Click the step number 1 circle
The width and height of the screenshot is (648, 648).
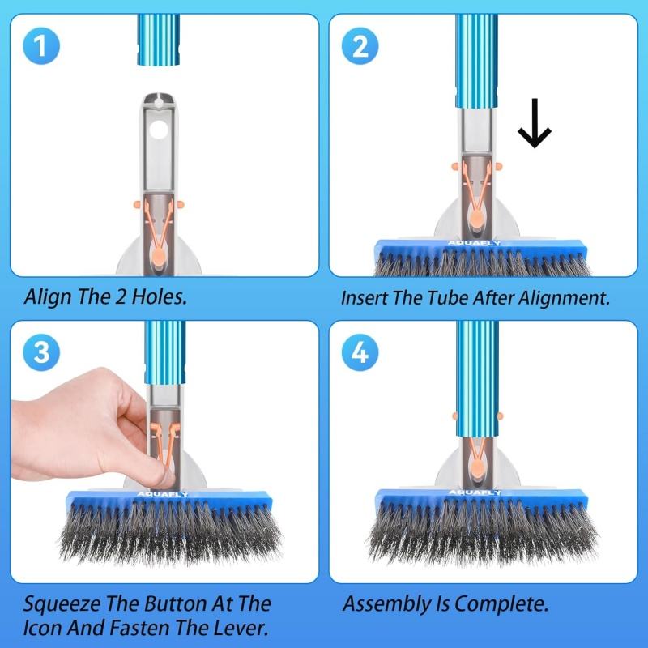41,46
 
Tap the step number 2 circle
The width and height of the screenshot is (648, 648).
360,46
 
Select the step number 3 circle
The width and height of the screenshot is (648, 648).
41,352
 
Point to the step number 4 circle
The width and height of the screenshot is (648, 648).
360,352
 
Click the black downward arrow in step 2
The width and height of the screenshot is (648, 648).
535,123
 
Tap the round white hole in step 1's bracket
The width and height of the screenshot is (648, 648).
159,130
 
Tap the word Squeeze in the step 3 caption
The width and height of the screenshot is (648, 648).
62,604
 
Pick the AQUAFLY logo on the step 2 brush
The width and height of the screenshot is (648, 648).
474,243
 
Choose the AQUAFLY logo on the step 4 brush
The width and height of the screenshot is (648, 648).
475,492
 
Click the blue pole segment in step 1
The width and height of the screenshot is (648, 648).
158,40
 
